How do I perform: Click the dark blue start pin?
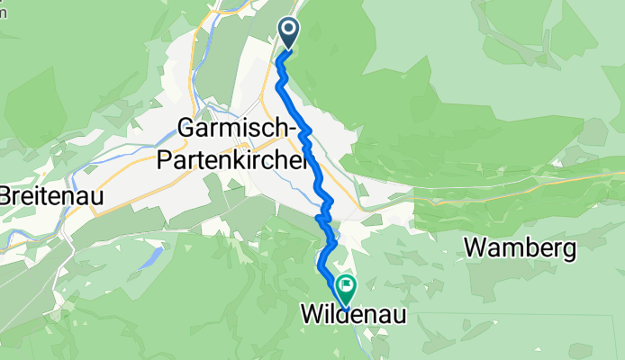coord(289,33)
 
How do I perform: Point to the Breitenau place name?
coord(50,195)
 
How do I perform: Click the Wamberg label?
coord(521,247)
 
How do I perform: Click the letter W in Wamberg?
coord(476,247)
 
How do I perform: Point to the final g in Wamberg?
coord(567,250)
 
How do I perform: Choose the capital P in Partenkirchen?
coord(163,160)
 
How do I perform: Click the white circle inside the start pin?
coord(289,30)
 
